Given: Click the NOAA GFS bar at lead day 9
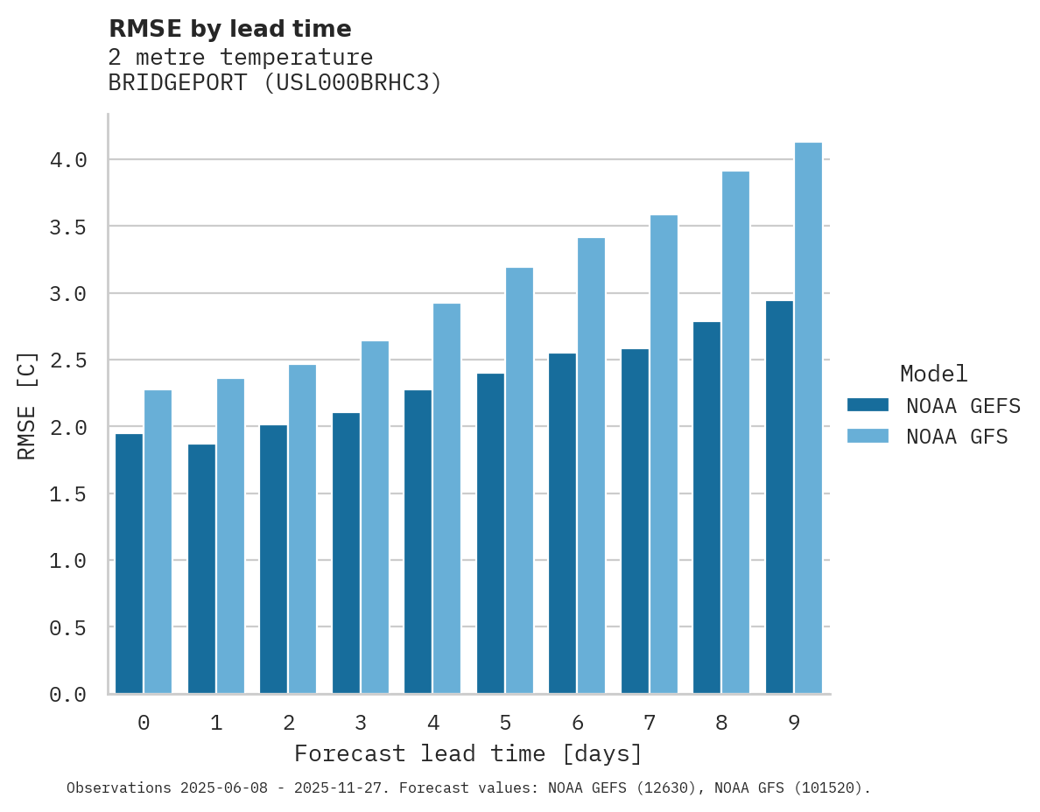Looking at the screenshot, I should (x=808, y=418).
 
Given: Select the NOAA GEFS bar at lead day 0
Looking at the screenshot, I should (x=129, y=563).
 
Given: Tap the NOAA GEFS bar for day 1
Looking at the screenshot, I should (x=201, y=569).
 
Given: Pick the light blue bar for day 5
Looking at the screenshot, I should (x=519, y=480).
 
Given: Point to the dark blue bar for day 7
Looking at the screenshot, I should (x=635, y=521).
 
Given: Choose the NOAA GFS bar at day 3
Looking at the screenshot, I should (x=375, y=517).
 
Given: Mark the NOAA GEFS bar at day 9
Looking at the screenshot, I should (x=779, y=497).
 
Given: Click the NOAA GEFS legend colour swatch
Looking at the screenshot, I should (x=868, y=405).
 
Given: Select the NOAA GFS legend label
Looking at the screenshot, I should (x=957, y=436).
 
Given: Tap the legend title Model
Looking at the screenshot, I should (x=934, y=374).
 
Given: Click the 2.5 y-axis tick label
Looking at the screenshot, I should (x=68, y=360).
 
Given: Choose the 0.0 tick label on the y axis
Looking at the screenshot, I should (x=68, y=695).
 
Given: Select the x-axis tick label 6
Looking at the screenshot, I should (x=578, y=723).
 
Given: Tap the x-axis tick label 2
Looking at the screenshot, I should (x=288, y=723).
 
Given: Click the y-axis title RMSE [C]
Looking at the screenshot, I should (x=27, y=404).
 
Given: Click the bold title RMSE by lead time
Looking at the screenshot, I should (x=230, y=29).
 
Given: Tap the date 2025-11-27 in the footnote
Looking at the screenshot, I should (x=341, y=788).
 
